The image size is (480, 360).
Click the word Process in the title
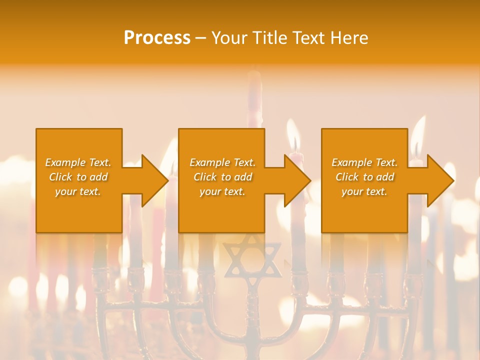point(157,38)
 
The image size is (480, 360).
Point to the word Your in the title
point(230,38)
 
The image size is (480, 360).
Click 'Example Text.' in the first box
point(78,162)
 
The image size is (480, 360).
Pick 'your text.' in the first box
point(78,191)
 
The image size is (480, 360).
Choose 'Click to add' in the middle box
point(222,177)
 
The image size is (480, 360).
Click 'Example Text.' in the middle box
point(222,162)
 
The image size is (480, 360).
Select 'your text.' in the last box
point(364,191)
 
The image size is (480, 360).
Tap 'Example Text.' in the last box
point(364,162)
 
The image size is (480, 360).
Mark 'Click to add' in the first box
point(78,177)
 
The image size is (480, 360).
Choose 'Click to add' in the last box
point(364,177)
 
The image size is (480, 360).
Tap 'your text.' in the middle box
point(222,191)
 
